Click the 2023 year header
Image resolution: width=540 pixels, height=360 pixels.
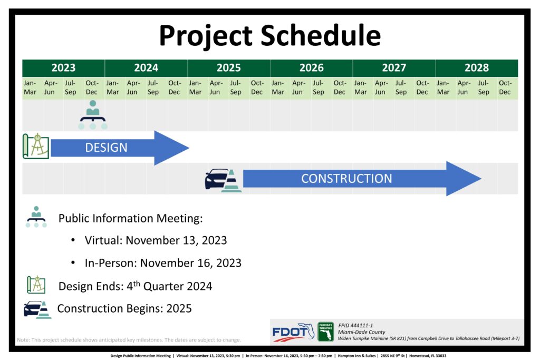pos(63,68)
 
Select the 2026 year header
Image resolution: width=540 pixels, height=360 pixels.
pos(311,68)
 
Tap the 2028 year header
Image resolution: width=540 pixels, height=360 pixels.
pos(477,68)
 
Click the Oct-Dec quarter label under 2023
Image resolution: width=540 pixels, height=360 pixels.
pos(92,87)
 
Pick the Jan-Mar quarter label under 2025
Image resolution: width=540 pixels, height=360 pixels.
pos(195,87)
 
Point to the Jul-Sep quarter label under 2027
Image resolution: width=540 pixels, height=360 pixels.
pos(401,87)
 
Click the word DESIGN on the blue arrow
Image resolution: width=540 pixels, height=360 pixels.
pos(106,148)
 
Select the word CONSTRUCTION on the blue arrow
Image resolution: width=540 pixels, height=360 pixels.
pos(346,179)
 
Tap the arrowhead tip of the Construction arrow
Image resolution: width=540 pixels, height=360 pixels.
pos(481,178)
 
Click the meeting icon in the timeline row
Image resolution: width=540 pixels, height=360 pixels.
pos(93,115)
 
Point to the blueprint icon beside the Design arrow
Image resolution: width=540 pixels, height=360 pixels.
pos(36,147)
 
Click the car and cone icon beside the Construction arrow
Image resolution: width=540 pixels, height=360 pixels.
pos(223,180)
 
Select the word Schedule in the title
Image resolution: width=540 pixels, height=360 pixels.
pos(321,35)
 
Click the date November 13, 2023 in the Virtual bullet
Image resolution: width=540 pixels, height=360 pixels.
pos(176,240)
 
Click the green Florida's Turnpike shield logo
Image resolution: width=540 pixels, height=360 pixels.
pos(325,332)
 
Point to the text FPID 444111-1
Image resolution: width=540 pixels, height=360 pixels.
pos(355,325)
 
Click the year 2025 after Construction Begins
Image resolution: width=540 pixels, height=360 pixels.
pos(179,308)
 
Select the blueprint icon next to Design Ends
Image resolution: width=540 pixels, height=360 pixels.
pos(36,285)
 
